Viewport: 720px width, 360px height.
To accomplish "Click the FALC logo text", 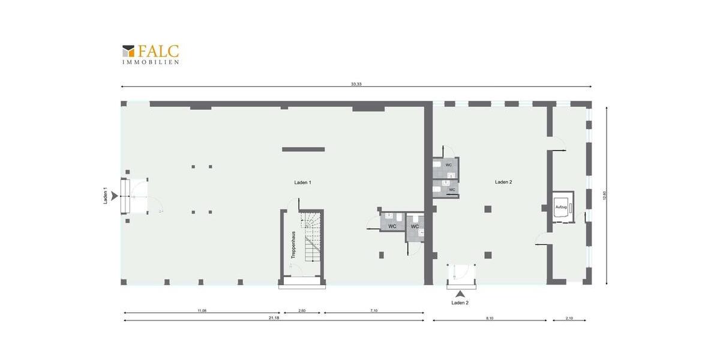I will (158, 52).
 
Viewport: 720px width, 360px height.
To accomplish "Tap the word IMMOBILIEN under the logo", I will (151, 62).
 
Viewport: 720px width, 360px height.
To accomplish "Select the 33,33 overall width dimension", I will (356, 84).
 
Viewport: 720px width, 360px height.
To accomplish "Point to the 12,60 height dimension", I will (605, 196).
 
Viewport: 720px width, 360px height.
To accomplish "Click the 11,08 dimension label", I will (202, 311).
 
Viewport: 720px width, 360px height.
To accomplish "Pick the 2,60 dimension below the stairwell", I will (301, 311).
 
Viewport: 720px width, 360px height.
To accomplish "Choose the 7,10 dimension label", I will (373, 311).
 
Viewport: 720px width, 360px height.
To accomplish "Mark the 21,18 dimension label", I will (274, 318).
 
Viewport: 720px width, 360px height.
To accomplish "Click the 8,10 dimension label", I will (489, 318).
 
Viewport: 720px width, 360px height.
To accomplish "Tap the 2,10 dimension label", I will (569, 318).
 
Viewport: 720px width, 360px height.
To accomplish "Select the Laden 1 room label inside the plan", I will (302, 182).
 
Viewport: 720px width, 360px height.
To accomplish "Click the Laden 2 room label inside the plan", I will (503, 182).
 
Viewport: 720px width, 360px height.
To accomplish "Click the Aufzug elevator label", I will (561, 207).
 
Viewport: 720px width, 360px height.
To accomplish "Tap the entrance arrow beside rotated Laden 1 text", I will (115, 196).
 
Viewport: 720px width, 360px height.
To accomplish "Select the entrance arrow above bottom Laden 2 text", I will (460, 294).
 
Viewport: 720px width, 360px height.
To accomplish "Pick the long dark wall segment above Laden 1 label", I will (303, 149).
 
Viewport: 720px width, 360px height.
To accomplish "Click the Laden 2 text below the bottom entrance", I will (460, 303).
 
